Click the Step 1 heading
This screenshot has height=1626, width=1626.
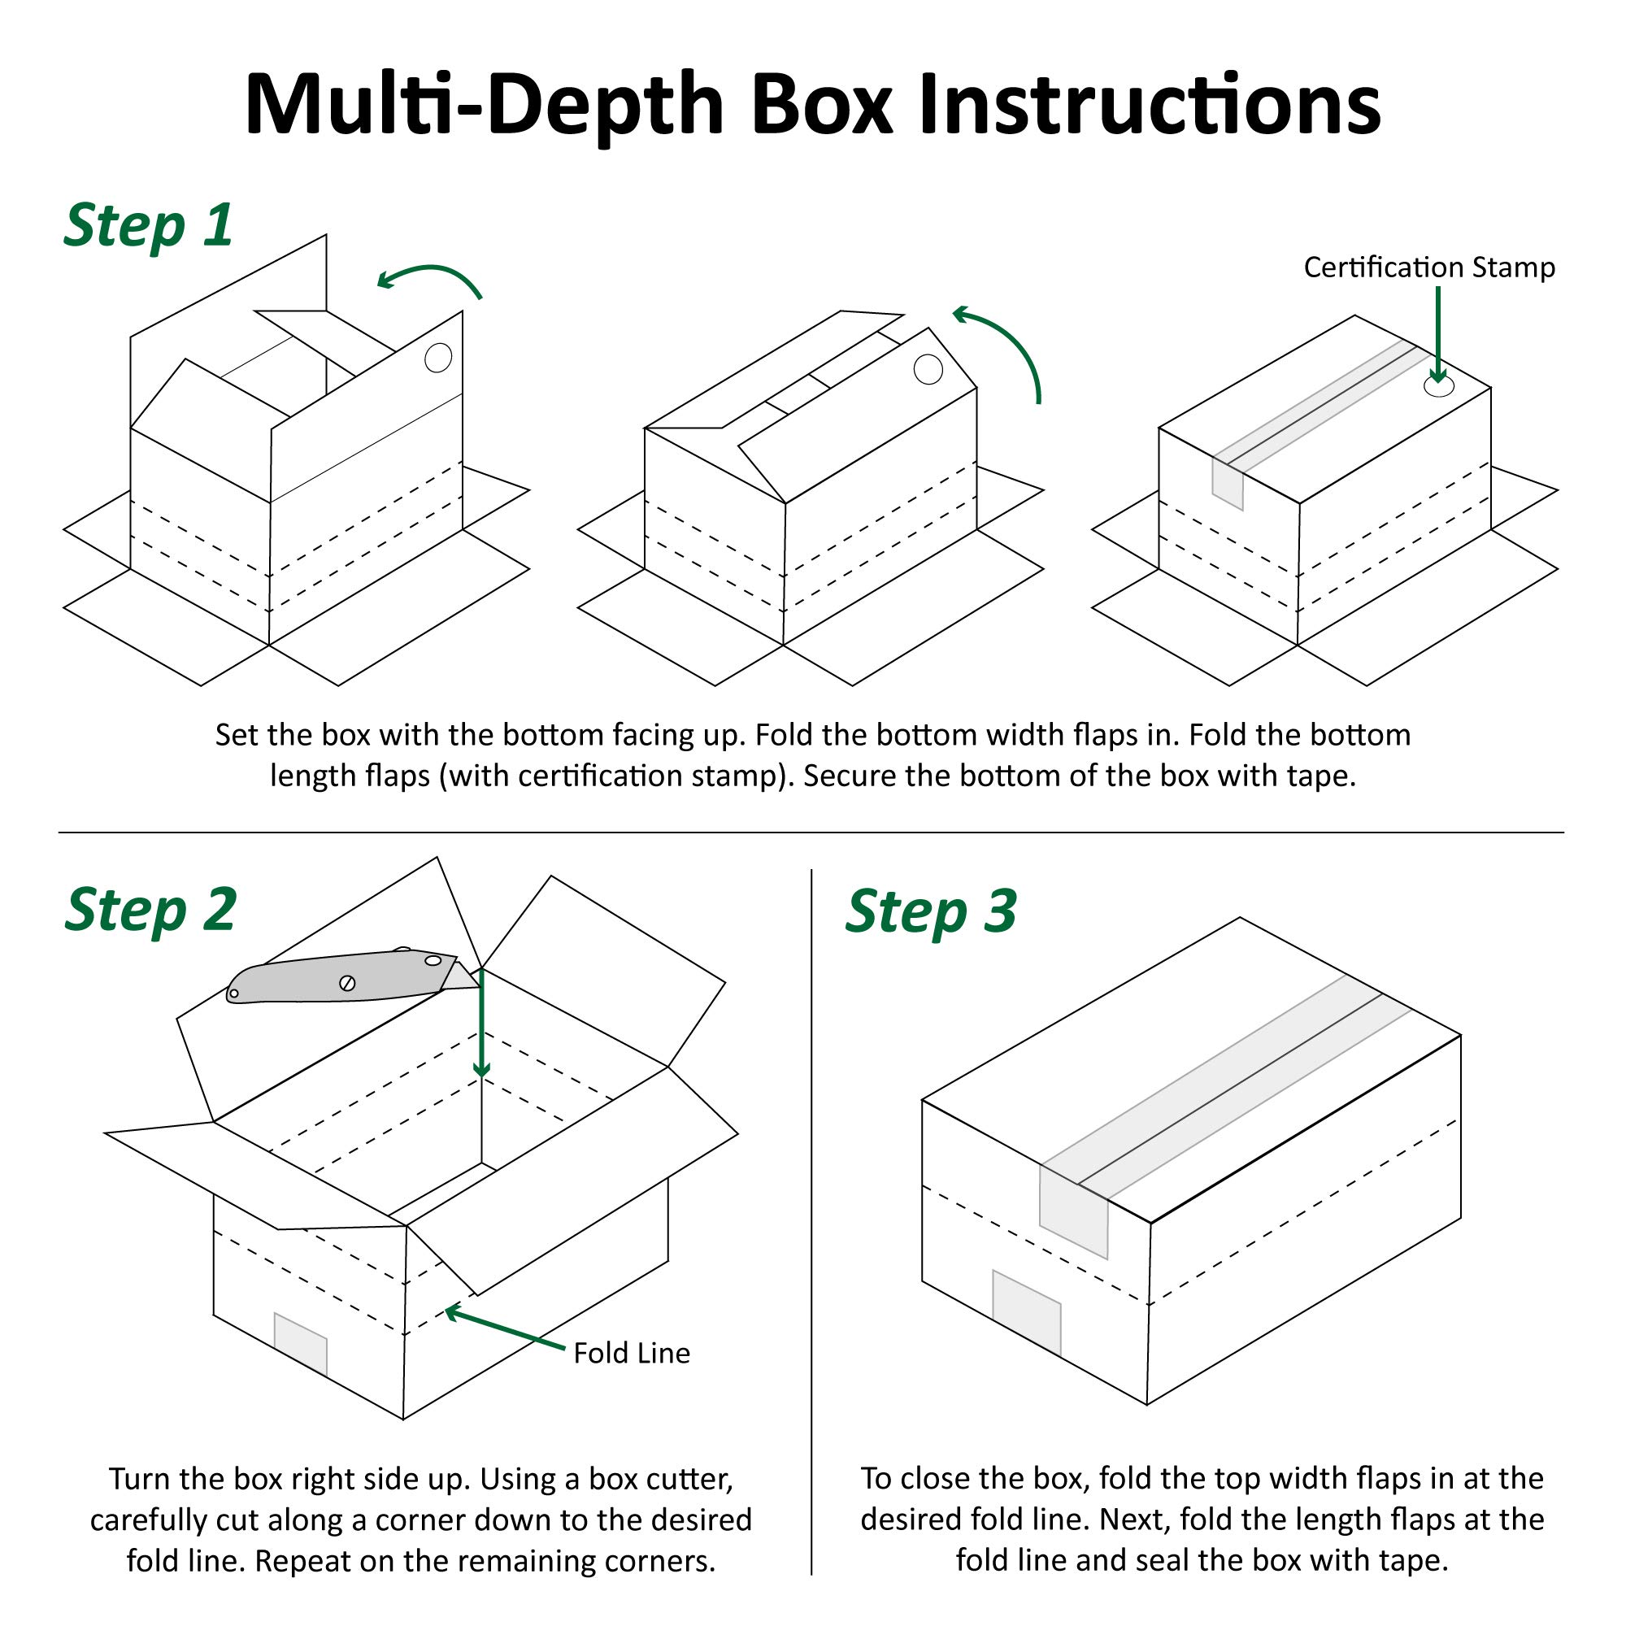coord(148,225)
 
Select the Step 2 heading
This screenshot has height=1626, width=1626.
coord(150,910)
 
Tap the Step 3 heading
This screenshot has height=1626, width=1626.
coord(931,911)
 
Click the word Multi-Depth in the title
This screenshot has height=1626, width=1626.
coord(484,105)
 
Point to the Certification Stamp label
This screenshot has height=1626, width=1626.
coord(1429,267)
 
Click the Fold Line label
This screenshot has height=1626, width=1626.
coord(631,1353)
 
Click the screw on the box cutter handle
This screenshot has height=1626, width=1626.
coord(347,983)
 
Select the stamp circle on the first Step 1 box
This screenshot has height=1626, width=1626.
coord(438,358)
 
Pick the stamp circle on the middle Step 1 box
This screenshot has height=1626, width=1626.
coord(928,368)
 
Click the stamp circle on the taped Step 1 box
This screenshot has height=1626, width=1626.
coord(1438,387)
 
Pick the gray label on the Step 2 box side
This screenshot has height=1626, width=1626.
coord(301,1343)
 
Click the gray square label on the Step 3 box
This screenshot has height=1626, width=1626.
coord(1026,1312)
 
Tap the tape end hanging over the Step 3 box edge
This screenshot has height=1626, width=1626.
coord(1073,1209)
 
